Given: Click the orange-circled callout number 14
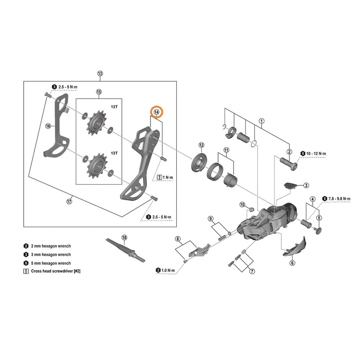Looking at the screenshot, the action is click(156, 112).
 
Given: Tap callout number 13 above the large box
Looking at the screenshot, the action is click(100, 74).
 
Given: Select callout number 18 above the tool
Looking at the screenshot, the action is click(124, 237).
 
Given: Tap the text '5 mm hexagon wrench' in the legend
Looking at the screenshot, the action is click(51, 263).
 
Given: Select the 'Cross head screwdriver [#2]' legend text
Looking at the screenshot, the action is click(56, 271).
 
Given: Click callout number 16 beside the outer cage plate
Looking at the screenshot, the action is click(48, 126).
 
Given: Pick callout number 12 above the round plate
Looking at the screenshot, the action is click(201, 145).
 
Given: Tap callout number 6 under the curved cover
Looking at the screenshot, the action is click(292, 263).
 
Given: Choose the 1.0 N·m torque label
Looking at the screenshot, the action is click(168, 270).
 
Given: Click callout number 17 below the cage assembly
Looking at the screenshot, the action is click(69, 201).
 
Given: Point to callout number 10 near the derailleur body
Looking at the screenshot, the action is click(242, 204).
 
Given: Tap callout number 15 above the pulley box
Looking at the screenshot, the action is click(98, 92).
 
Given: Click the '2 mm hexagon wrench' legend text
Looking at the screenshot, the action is click(51, 246).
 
